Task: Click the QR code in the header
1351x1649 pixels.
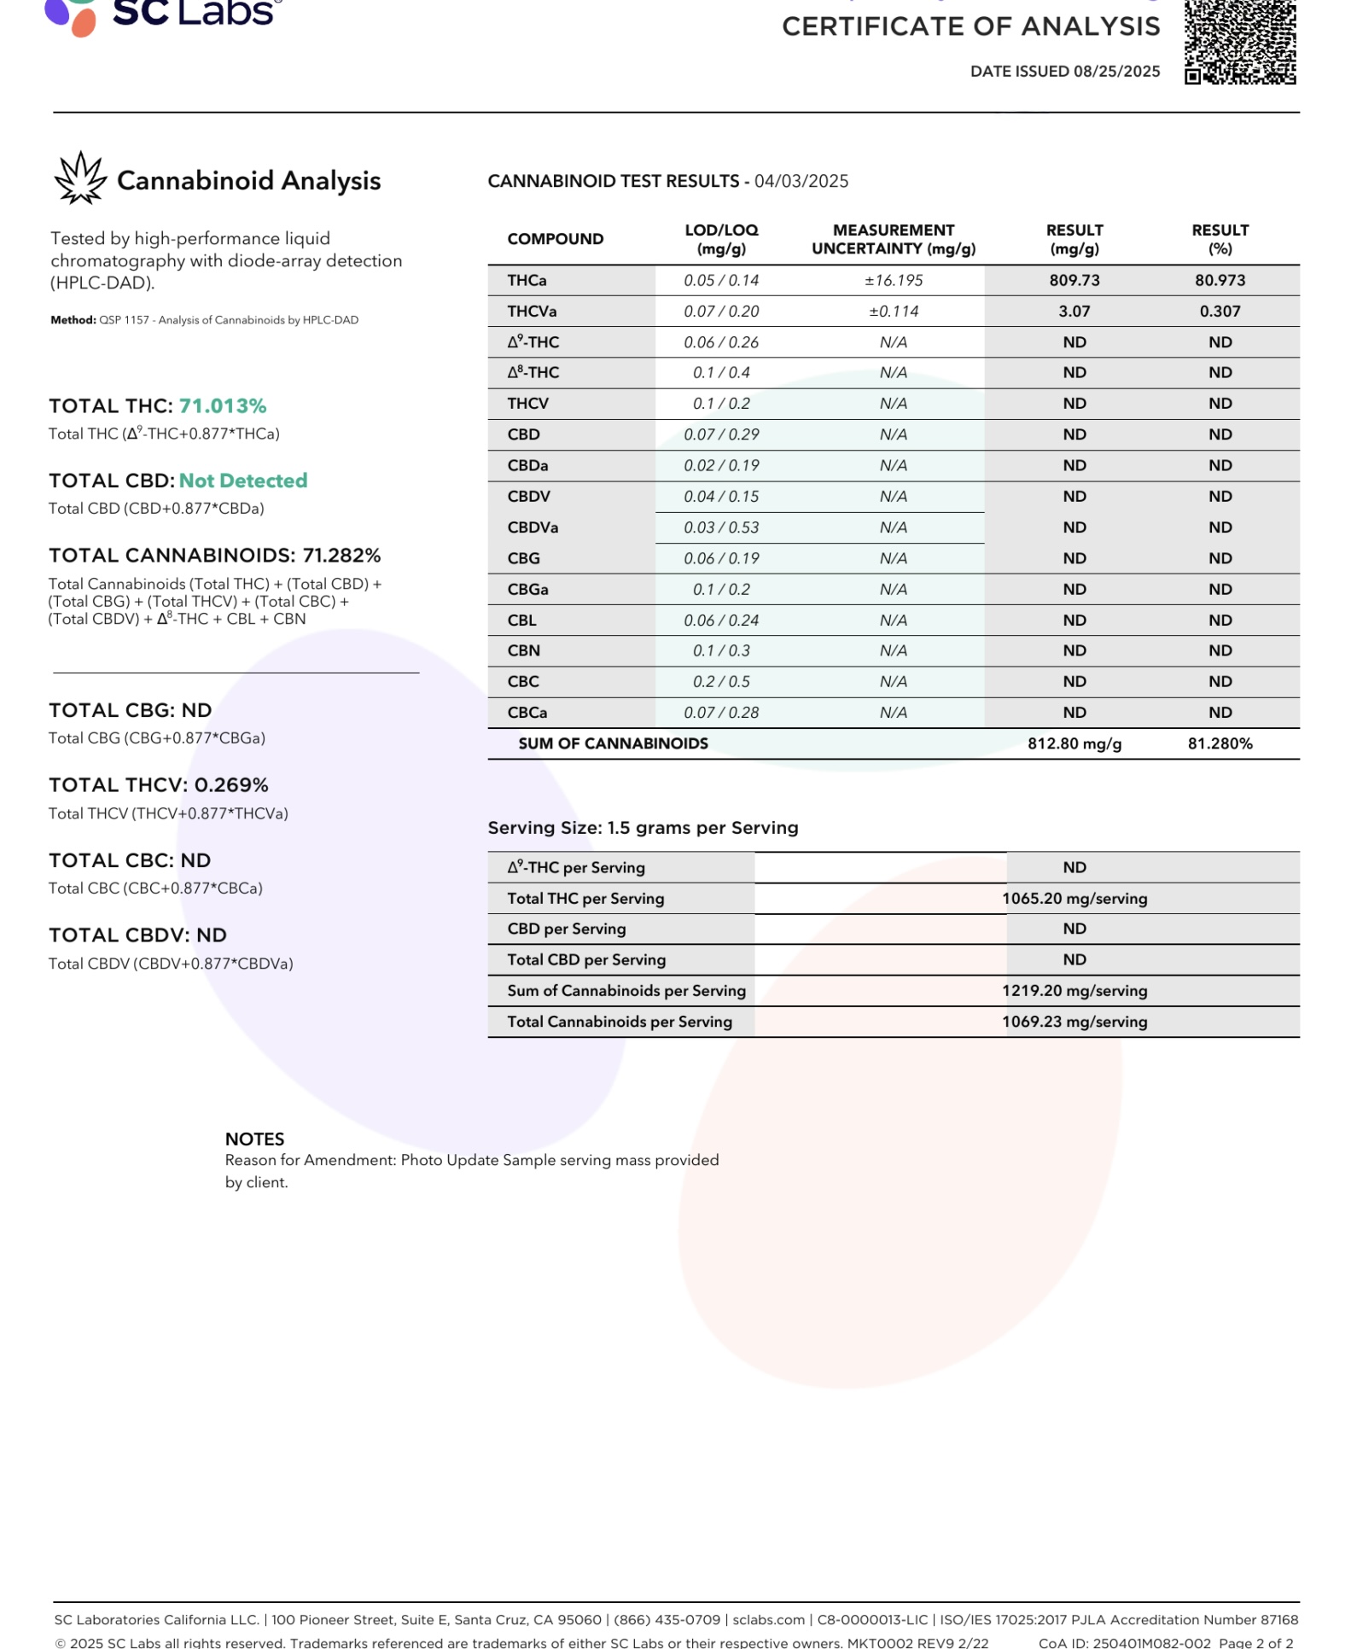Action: click(x=1240, y=43)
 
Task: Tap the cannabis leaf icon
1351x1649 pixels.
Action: click(x=80, y=178)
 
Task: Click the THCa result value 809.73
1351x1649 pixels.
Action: click(x=1074, y=281)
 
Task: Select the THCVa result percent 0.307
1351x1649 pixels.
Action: click(x=1220, y=312)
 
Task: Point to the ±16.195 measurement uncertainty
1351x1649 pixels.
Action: click(x=894, y=281)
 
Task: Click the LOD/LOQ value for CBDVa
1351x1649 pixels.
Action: click(x=721, y=527)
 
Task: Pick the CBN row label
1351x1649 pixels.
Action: click(x=523, y=650)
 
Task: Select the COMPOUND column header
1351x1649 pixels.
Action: click(x=555, y=239)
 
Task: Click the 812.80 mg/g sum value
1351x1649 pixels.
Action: click(x=1074, y=743)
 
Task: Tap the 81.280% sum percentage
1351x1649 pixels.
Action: click(x=1220, y=743)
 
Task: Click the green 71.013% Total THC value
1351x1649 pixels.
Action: click(x=223, y=406)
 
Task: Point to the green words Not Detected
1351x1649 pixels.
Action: click(x=243, y=481)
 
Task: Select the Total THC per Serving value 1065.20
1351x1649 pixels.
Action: click(x=1074, y=898)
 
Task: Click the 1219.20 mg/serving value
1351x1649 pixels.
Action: click(x=1074, y=990)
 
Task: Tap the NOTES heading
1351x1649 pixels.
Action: click(x=254, y=1139)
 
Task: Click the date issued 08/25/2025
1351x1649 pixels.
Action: click(x=1116, y=72)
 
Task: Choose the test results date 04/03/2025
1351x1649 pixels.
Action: click(x=801, y=181)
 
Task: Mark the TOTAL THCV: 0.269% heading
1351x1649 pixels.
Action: click(x=159, y=785)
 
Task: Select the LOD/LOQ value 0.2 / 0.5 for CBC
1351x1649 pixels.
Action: click(x=721, y=682)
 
